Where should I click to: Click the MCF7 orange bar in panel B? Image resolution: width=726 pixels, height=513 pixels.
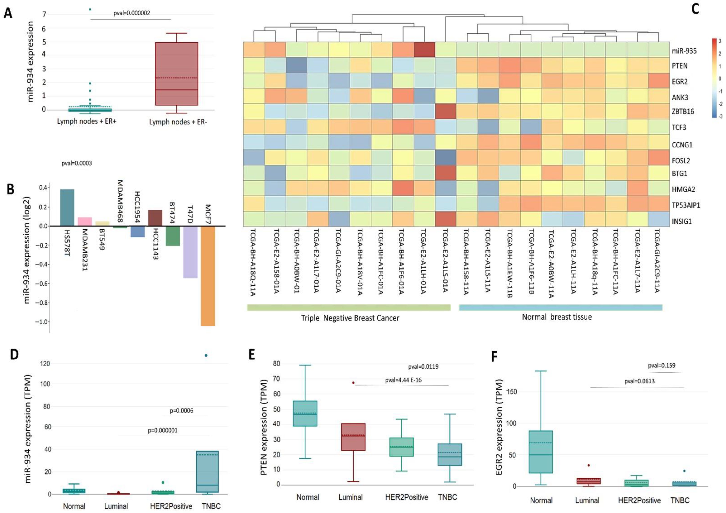[x=208, y=276]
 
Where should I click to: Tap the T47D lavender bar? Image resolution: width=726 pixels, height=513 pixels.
[x=190, y=252]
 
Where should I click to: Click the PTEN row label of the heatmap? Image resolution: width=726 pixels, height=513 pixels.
[x=680, y=66]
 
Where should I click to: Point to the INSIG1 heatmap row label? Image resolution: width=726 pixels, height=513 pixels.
[x=682, y=221]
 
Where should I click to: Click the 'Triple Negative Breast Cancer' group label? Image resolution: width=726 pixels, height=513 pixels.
[x=350, y=318]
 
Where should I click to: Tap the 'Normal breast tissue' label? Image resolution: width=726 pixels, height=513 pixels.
[x=557, y=317]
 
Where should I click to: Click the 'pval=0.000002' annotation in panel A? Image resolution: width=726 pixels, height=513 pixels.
[x=131, y=13]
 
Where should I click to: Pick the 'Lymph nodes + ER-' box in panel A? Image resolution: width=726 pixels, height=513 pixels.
[x=176, y=74]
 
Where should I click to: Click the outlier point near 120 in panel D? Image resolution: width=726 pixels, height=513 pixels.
[x=206, y=356]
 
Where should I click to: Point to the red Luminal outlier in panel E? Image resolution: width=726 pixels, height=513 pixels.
[x=353, y=383]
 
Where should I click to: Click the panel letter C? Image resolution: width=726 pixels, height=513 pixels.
[x=695, y=9]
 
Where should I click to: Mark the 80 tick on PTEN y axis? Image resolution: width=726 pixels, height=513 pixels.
[x=276, y=364]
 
